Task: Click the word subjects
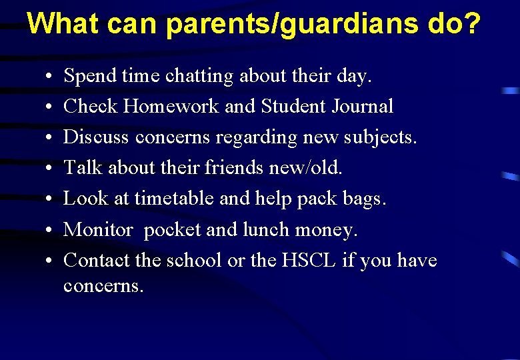(x=383, y=138)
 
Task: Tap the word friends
(x=231, y=168)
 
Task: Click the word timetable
(x=173, y=199)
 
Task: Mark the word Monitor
(x=98, y=229)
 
